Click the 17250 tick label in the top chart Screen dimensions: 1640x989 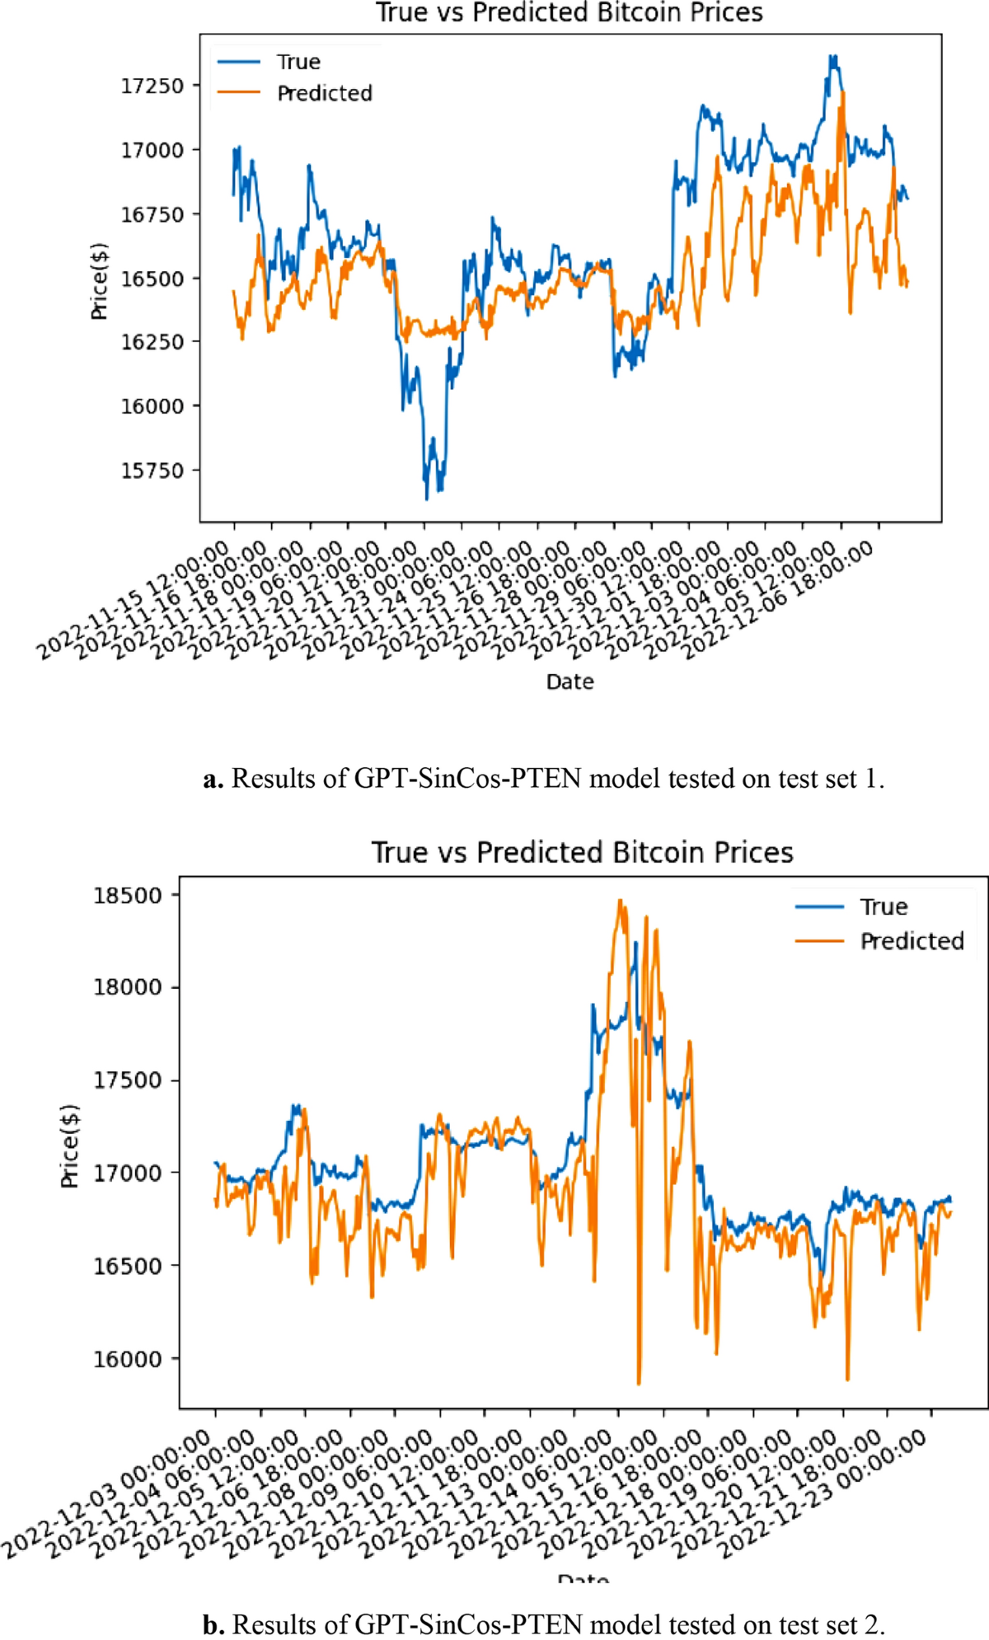click(x=152, y=86)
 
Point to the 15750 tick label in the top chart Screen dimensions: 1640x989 click(x=152, y=471)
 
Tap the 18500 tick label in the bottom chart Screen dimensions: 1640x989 click(x=127, y=896)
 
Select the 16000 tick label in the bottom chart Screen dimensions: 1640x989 click(x=127, y=1360)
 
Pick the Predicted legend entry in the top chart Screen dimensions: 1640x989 click(x=324, y=94)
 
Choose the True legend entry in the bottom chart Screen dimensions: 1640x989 click(x=884, y=907)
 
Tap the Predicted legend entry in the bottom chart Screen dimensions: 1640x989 click(x=912, y=941)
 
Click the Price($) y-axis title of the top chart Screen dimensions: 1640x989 click(x=99, y=281)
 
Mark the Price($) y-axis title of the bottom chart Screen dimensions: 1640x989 click(x=70, y=1146)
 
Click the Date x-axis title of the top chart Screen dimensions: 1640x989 click(x=569, y=682)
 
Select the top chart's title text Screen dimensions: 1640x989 click(x=569, y=12)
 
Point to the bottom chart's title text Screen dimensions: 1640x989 click(x=582, y=852)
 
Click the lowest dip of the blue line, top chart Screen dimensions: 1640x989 click(x=426, y=499)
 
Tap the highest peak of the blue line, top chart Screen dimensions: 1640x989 click(x=833, y=57)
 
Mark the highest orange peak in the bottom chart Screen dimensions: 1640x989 click(x=621, y=901)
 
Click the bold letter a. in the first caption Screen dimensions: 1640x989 click(x=213, y=779)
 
